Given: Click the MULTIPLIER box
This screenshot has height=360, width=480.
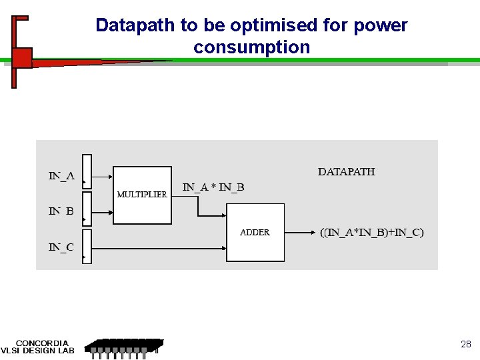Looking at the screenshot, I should point(142,195).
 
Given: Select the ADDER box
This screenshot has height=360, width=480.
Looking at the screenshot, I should point(255,232).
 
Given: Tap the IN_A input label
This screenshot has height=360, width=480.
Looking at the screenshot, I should point(61,176).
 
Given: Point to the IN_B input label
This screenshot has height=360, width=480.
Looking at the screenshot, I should point(61,211).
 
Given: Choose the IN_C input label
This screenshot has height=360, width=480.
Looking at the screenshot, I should point(61,247).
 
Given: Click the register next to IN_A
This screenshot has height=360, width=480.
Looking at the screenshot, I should point(87,171).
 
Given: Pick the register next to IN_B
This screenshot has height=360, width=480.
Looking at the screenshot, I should point(87,209).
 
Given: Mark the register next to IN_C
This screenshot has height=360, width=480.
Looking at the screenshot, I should point(87,246).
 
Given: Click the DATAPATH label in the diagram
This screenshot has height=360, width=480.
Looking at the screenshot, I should point(346,171).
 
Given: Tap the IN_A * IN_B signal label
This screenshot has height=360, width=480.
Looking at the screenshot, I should point(213,187).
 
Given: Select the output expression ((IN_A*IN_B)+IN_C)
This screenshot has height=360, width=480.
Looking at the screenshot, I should point(371,232).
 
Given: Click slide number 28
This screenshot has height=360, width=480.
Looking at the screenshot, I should point(466,344).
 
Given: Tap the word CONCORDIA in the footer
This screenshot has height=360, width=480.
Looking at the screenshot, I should point(42,343).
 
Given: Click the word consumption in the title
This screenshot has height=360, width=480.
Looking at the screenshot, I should point(251,47).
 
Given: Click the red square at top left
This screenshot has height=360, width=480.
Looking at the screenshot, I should point(21,57).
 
